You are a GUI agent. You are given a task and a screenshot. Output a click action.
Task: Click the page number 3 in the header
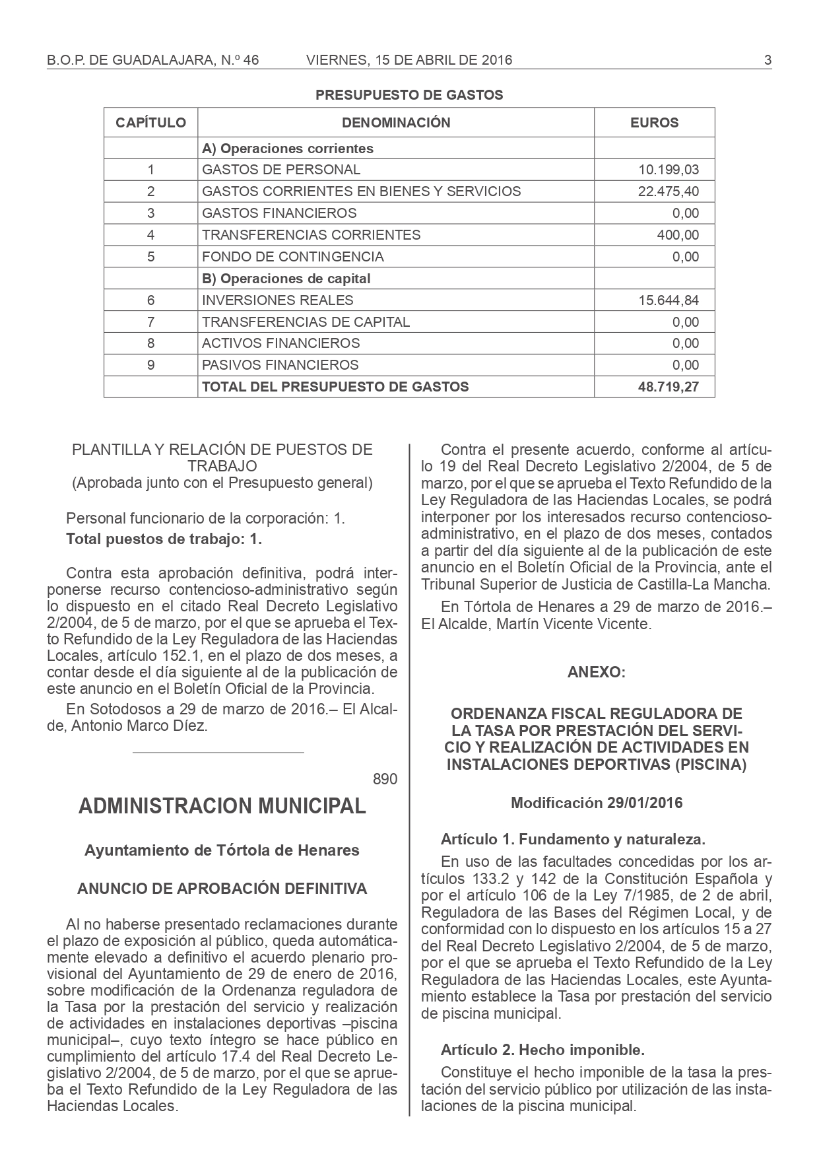(768, 61)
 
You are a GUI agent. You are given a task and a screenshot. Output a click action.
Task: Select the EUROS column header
(654, 123)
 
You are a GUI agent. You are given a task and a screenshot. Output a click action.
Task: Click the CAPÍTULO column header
(151, 123)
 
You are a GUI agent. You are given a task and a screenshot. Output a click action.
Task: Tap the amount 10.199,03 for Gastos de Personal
(668, 170)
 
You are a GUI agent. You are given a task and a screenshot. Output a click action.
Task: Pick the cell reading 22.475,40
(668, 191)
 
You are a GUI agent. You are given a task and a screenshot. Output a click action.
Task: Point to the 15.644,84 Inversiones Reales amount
(668, 300)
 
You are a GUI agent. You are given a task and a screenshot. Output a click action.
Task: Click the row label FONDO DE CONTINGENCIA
(293, 257)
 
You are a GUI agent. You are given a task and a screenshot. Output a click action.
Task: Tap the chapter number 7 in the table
(151, 322)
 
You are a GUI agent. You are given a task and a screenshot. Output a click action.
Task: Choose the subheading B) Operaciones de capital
(286, 279)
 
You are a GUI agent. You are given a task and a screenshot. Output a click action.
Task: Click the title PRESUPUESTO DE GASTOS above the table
(409, 95)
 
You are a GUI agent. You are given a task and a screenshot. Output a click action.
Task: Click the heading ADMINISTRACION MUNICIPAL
(222, 806)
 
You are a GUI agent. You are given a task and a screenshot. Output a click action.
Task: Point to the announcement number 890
(385, 779)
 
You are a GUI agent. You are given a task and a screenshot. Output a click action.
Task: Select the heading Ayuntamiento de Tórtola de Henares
(222, 850)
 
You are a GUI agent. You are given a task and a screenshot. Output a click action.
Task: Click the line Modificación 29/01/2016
(597, 803)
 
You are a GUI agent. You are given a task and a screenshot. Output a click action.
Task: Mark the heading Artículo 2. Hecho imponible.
(542, 1049)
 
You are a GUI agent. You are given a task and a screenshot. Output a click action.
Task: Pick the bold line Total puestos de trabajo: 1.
(164, 539)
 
